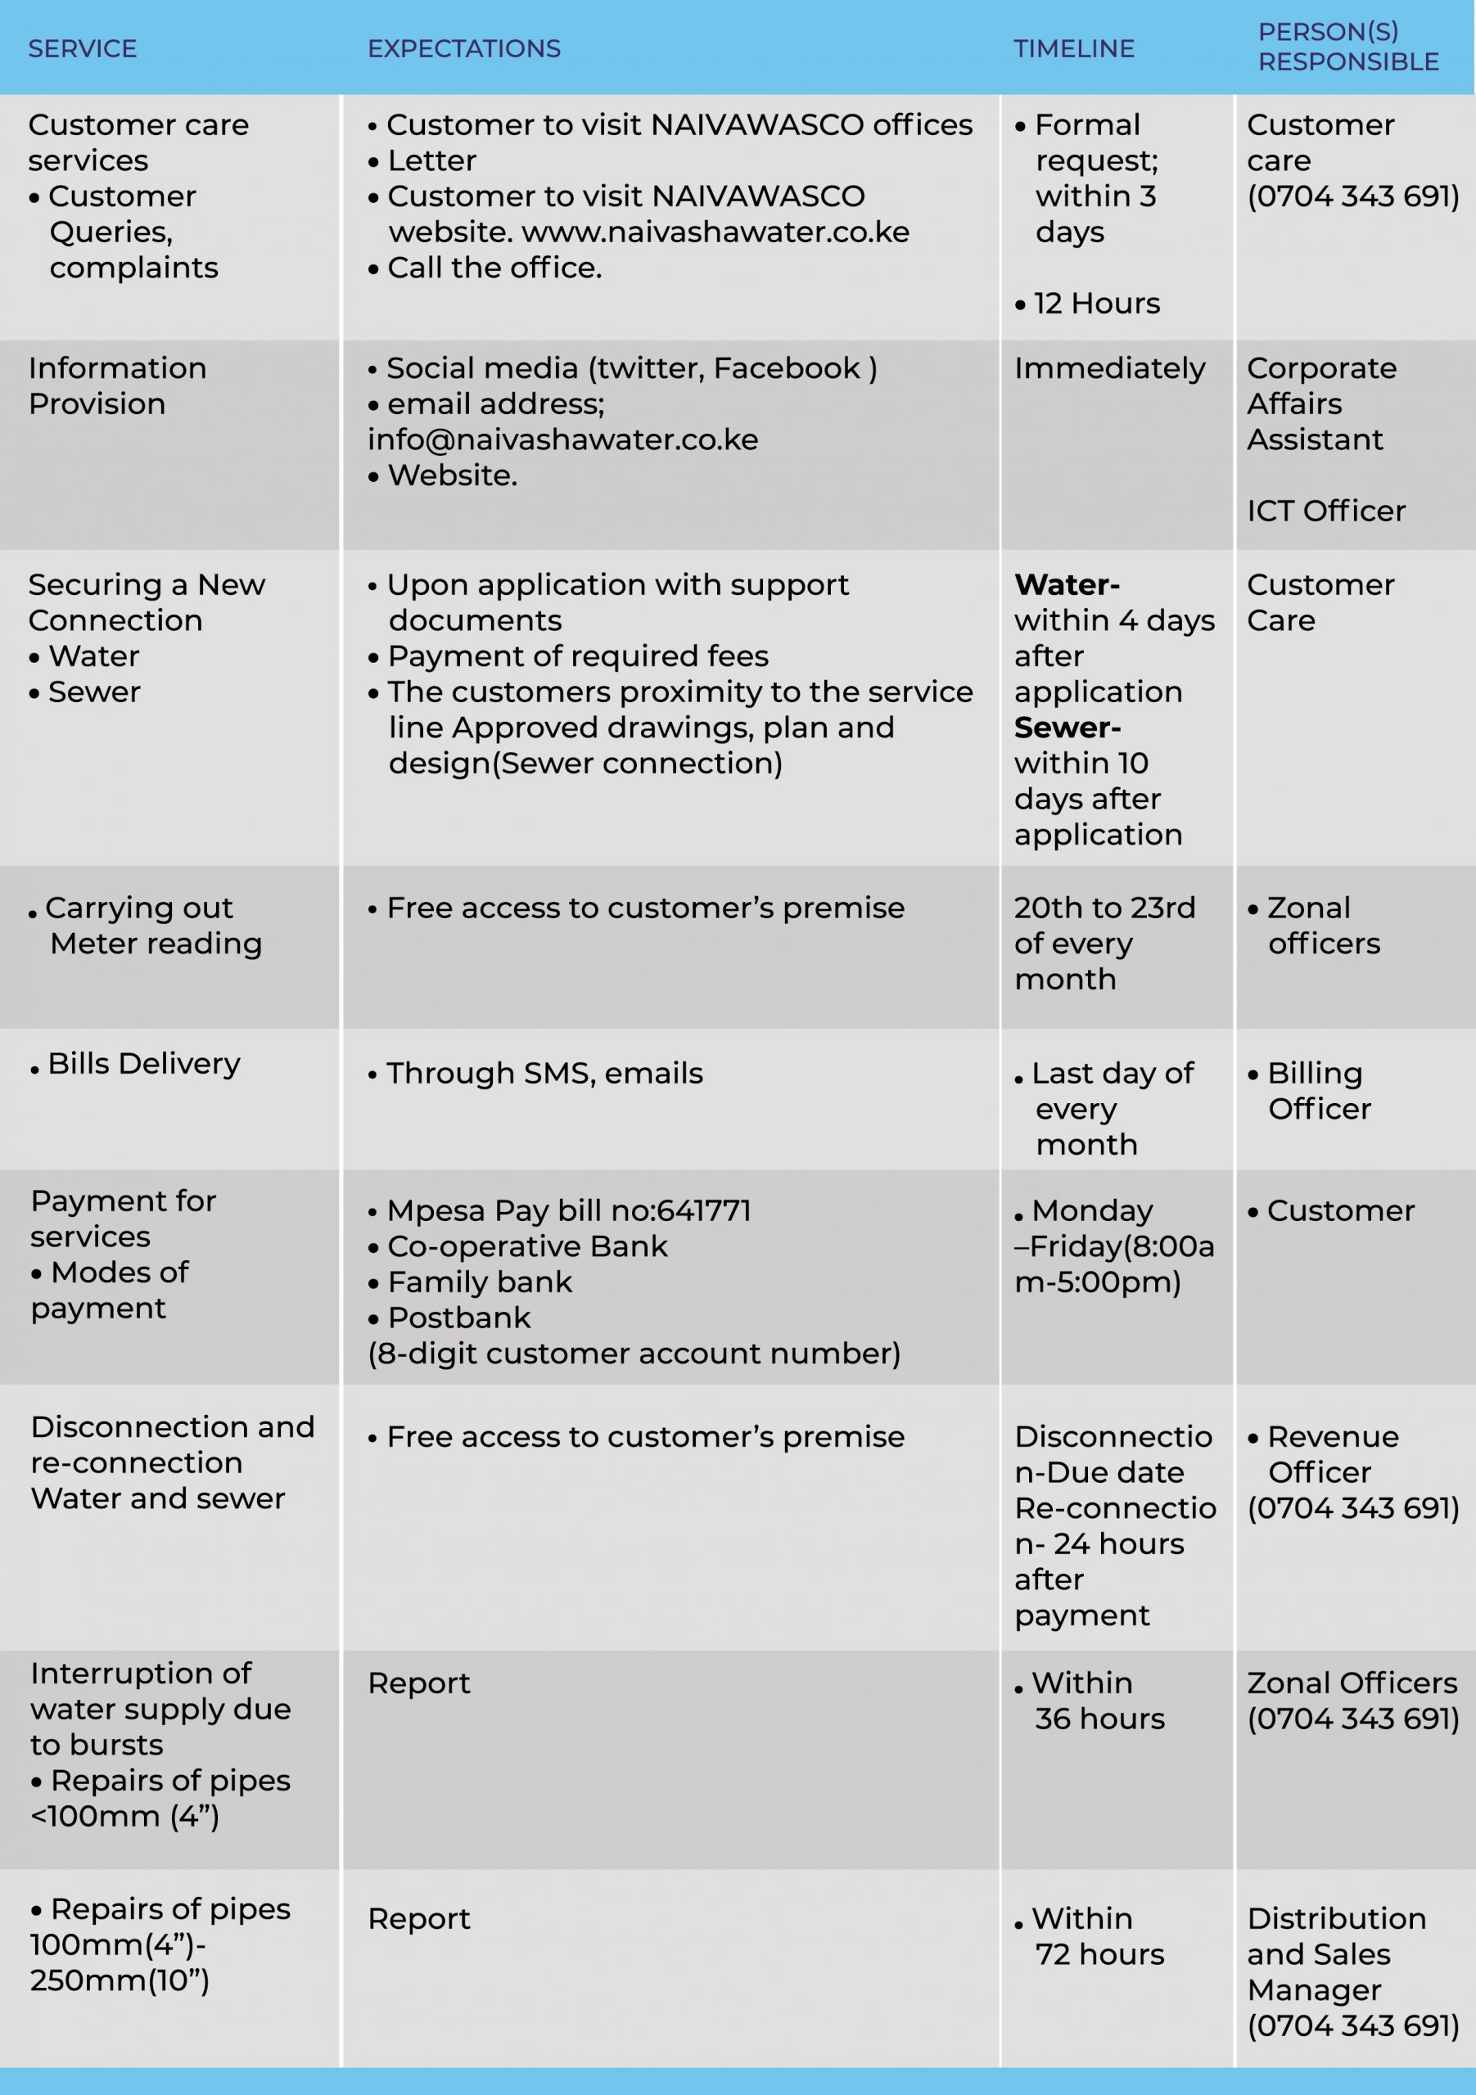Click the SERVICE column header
pos(82,48)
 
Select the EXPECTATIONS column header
pos(463,48)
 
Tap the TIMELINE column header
pos(1073,48)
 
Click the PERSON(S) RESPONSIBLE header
pos(1347,47)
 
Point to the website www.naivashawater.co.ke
pos(715,232)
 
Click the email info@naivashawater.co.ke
pos(562,439)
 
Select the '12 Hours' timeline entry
pos(1095,304)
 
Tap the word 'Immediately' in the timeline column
pos(1109,368)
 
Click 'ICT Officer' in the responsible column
pos(1325,511)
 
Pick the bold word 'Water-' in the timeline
pos(1066,585)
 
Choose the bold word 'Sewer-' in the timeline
pos(1067,728)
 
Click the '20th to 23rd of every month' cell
pos(1104,944)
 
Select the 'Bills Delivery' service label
pos(143,1064)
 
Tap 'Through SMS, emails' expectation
pos(544,1074)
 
